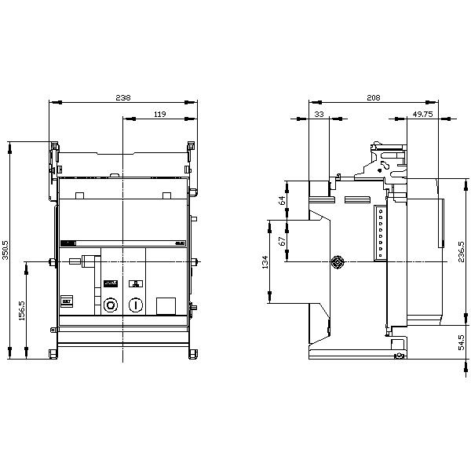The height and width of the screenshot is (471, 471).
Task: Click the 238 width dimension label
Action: pos(123,98)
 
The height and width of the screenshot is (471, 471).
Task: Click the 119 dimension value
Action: pos(159,115)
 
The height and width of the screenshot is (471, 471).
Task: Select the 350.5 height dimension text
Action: pos(6,250)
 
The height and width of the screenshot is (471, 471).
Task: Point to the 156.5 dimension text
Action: pos(24,310)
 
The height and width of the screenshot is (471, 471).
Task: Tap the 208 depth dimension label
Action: pos(374,98)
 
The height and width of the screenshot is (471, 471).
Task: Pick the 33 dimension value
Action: pos(319,115)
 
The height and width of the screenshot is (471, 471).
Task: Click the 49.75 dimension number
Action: pos(423,115)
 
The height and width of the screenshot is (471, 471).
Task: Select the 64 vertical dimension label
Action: pos(283,201)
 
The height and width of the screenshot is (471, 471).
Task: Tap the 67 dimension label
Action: pos(283,240)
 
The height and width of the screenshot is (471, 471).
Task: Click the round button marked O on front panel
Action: pos(111,305)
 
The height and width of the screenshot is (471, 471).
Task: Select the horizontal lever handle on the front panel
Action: pos(88,256)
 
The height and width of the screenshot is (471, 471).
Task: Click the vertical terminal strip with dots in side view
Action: pos(381,232)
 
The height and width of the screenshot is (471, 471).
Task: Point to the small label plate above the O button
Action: pos(111,284)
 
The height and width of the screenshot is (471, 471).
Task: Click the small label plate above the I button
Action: pos(136,284)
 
